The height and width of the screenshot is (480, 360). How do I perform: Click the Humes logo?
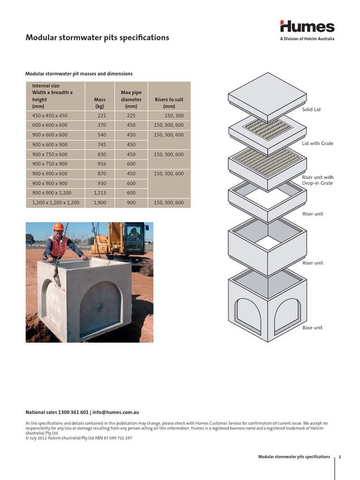307,27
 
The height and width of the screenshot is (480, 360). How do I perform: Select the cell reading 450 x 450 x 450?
50,115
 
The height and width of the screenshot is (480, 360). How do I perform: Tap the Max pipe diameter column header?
131,99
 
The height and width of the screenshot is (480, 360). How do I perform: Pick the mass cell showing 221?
102,115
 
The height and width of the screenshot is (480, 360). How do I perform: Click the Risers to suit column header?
169,103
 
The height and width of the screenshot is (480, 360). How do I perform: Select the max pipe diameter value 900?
131,203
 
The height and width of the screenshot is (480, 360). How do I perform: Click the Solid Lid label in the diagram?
311,109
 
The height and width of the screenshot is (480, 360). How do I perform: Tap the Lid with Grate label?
317,143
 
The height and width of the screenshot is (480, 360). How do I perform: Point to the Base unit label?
312,328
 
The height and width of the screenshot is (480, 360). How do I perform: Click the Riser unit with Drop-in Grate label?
317,180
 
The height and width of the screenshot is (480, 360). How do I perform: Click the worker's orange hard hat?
59,226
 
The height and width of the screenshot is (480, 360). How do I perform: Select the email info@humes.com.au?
116,412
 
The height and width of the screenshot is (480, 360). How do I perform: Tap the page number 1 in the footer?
346,457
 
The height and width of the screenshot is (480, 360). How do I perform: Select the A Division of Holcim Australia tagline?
307,39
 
